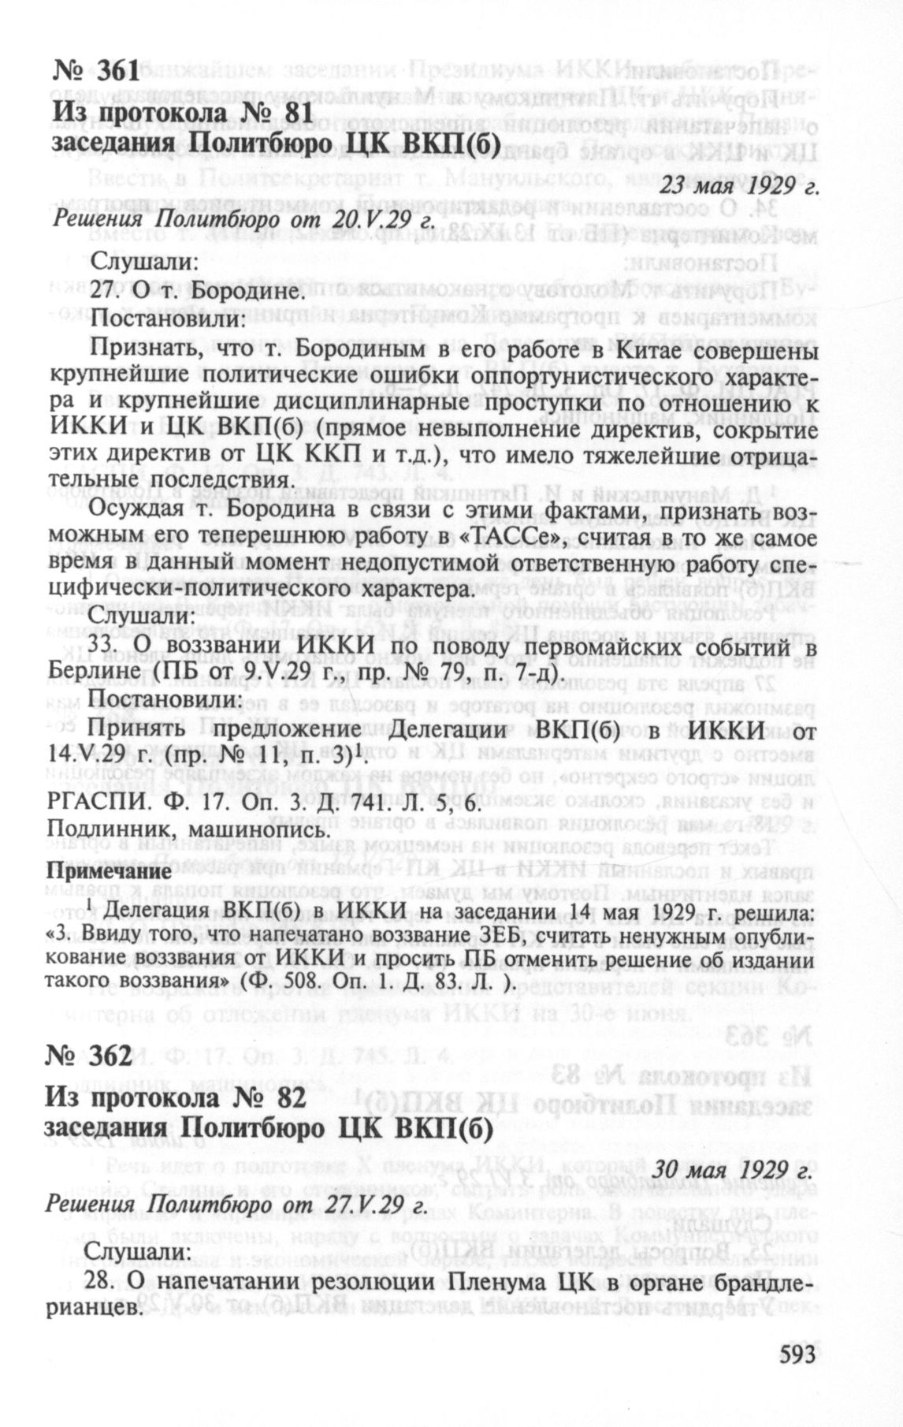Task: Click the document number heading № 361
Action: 95,73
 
